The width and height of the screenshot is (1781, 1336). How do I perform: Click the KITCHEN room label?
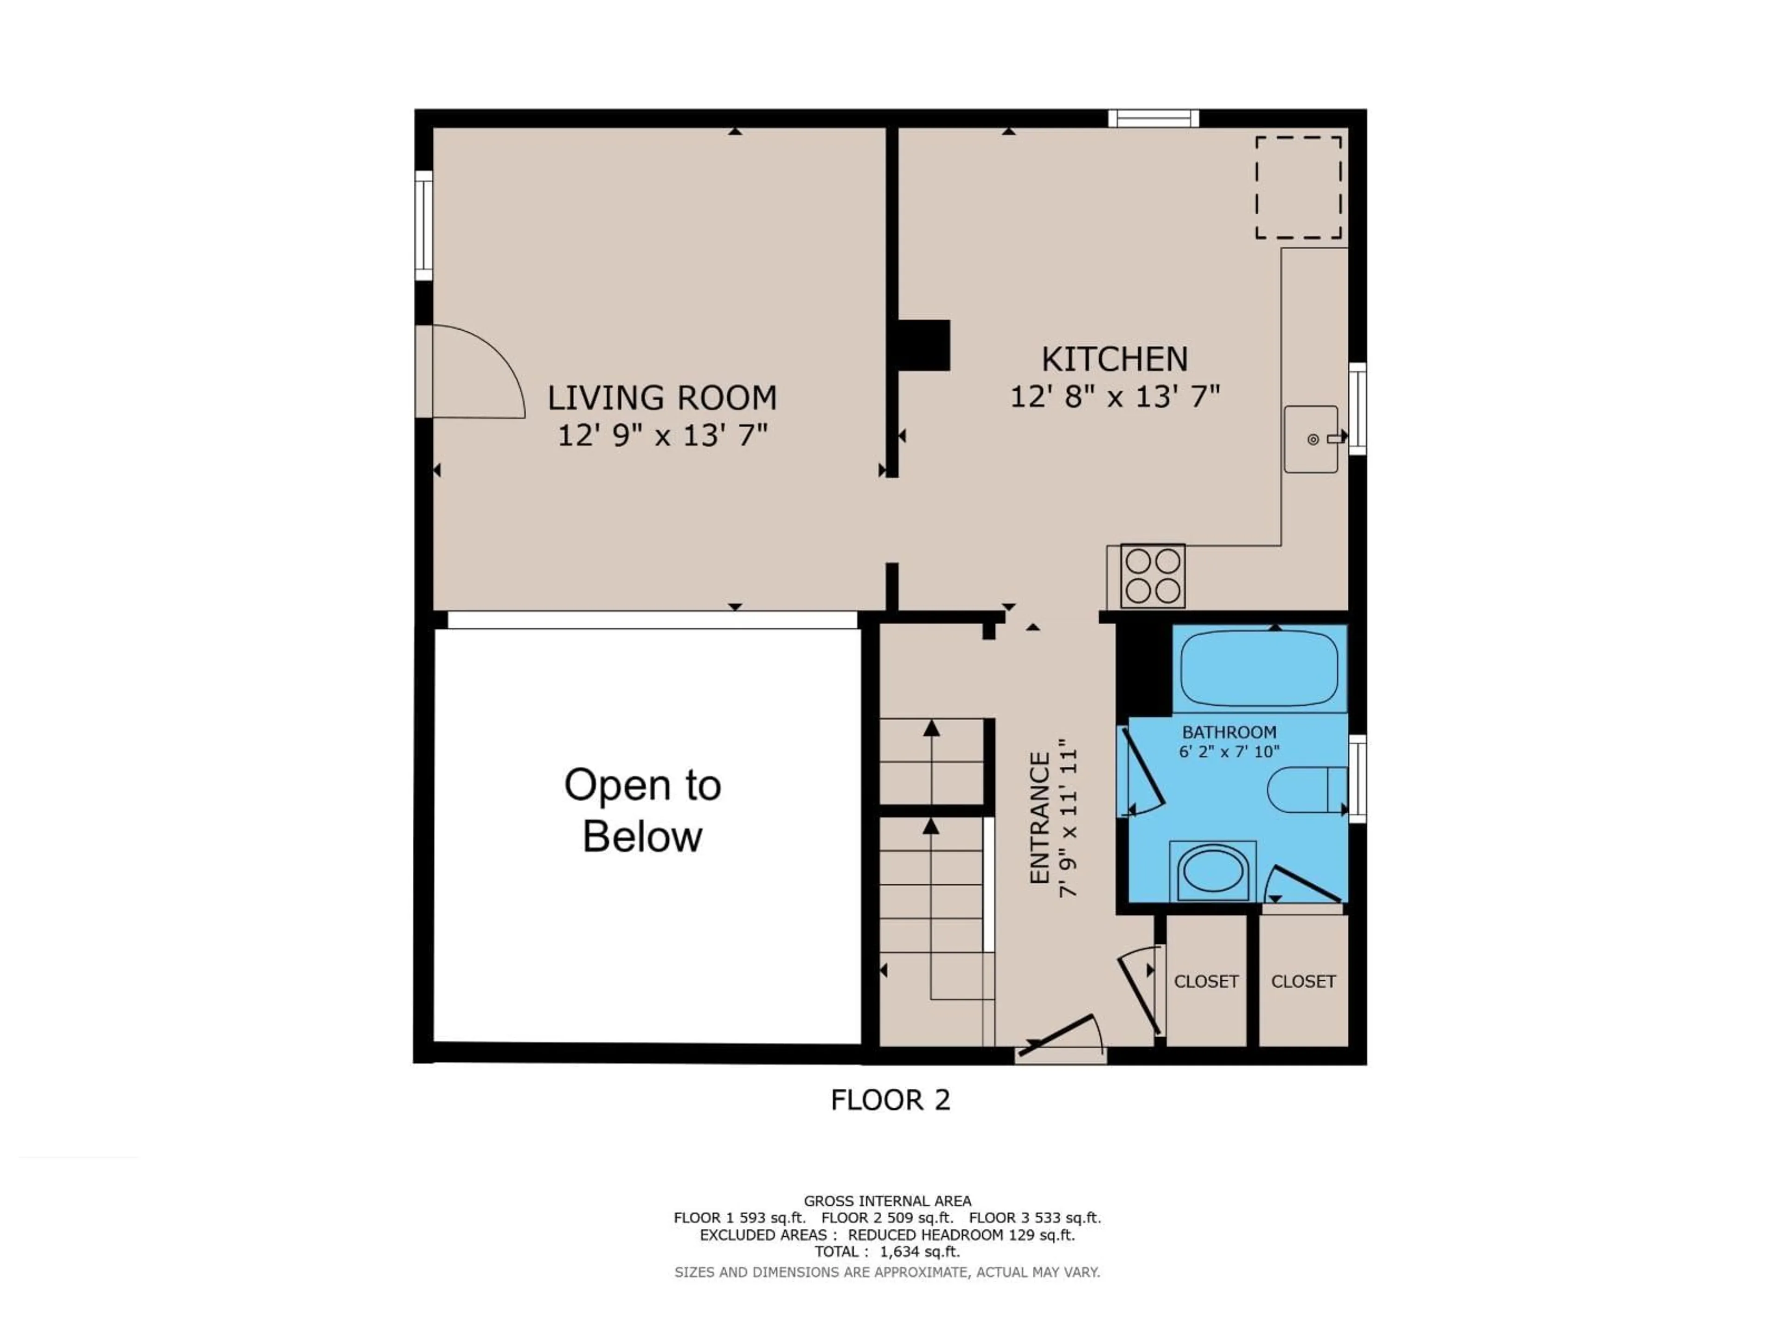click(1115, 359)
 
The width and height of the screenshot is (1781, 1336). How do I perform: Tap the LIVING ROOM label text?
click(662, 398)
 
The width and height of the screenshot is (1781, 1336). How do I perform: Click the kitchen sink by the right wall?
click(1311, 439)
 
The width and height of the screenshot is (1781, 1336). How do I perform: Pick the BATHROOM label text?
click(1229, 732)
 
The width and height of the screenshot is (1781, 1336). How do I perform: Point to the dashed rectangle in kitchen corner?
click(1298, 187)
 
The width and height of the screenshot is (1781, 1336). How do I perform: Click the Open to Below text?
click(642, 810)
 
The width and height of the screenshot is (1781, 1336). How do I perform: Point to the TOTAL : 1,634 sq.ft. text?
click(886, 1252)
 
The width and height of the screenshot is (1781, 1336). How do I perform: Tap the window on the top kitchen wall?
click(1153, 118)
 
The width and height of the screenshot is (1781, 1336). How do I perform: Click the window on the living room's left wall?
click(423, 225)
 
